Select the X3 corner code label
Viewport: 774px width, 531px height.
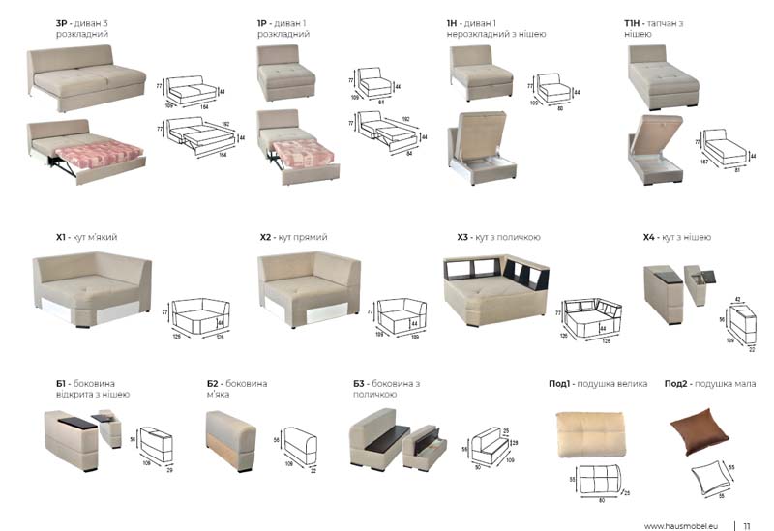click(x=462, y=237)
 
